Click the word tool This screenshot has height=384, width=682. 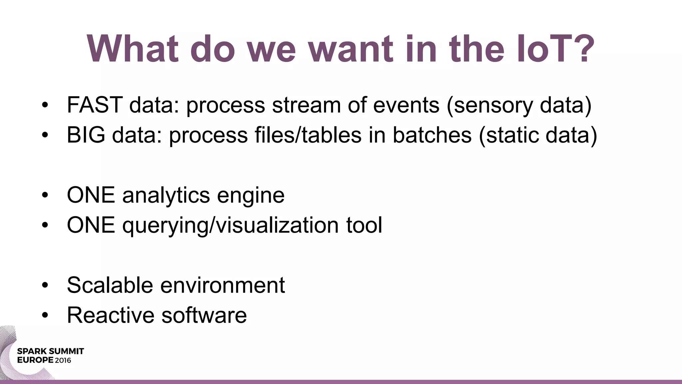pos(364,225)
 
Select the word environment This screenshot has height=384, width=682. pos(222,285)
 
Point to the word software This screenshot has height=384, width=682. pos(204,315)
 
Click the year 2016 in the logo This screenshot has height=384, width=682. pos(63,360)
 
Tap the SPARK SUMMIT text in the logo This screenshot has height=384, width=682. pos(50,351)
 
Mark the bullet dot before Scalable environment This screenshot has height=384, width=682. pos(45,286)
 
